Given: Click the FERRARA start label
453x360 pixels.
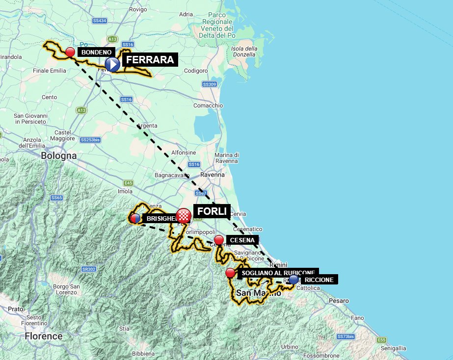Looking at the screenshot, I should (x=149, y=60).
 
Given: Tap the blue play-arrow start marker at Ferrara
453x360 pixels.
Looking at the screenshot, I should (x=112, y=64).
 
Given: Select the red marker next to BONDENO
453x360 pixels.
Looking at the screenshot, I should (x=70, y=51).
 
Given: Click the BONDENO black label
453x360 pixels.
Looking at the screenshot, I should (x=97, y=51).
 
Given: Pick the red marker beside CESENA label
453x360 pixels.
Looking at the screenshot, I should (x=219, y=240).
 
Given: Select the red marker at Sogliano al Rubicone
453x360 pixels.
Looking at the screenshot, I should (x=230, y=273).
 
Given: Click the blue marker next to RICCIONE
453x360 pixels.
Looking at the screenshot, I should (x=293, y=279).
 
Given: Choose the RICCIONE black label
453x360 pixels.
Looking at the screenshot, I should (x=319, y=280).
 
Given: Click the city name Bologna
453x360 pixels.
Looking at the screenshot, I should (x=59, y=155).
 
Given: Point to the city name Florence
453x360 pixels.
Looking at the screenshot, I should (x=44, y=336).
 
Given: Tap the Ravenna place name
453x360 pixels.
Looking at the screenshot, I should (x=213, y=175).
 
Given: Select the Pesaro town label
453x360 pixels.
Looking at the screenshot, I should (x=339, y=301).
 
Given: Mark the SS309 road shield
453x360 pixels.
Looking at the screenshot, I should (x=210, y=84).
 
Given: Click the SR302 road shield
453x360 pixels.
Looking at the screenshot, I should (x=88, y=269).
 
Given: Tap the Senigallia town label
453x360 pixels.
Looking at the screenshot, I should (x=392, y=347).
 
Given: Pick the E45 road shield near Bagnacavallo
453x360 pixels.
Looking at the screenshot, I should (x=129, y=183).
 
